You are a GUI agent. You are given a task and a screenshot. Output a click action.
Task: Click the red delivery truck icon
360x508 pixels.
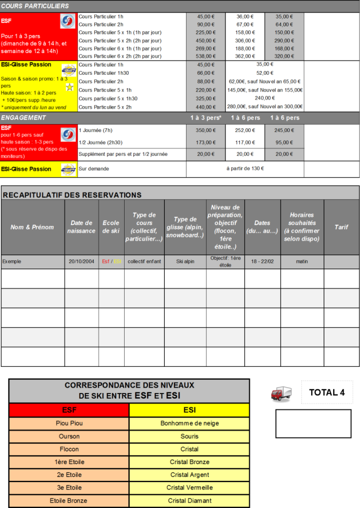click(x=281, y=394)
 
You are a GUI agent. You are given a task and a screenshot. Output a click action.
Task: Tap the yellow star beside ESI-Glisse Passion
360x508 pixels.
click(x=69, y=87)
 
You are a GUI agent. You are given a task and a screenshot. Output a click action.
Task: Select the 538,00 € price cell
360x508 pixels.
click(x=206, y=56)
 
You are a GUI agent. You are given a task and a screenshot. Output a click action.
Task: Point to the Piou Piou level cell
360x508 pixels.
click(x=69, y=423)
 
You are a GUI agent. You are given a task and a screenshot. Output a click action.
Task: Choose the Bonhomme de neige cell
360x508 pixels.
click(x=189, y=423)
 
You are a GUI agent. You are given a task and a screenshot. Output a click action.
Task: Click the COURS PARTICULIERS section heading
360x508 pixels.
click(x=35, y=6)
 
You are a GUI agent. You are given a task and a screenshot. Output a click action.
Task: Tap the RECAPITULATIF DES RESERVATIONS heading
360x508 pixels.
click(x=72, y=195)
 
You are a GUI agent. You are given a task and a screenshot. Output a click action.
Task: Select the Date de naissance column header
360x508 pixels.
click(x=81, y=227)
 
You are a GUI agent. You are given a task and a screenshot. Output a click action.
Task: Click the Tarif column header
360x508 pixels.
click(x=342, y=227)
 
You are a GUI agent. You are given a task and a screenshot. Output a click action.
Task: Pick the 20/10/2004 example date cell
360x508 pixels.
click(x=81, y=262)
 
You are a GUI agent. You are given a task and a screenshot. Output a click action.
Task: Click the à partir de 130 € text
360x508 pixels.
click(x=245, y=169)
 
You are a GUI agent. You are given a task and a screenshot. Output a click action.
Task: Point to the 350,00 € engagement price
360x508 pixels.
click(x=206, y=131)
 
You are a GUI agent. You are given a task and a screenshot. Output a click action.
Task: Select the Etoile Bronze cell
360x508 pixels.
click(x=69, y=501)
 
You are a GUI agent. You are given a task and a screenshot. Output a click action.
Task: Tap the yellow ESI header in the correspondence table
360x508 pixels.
click(x=189, y=410)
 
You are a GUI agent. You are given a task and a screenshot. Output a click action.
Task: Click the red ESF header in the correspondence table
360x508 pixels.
click(x=69, y=410)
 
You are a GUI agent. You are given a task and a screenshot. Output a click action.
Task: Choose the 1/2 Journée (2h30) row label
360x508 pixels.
click(x=100, y=143)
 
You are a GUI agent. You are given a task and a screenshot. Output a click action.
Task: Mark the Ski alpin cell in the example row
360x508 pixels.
click(x=185, y=262)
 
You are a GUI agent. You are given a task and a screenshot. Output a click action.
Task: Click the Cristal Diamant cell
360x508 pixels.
click(x=189, y=501)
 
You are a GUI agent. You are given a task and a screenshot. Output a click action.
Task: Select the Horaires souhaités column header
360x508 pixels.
click(x=302, y=227)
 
